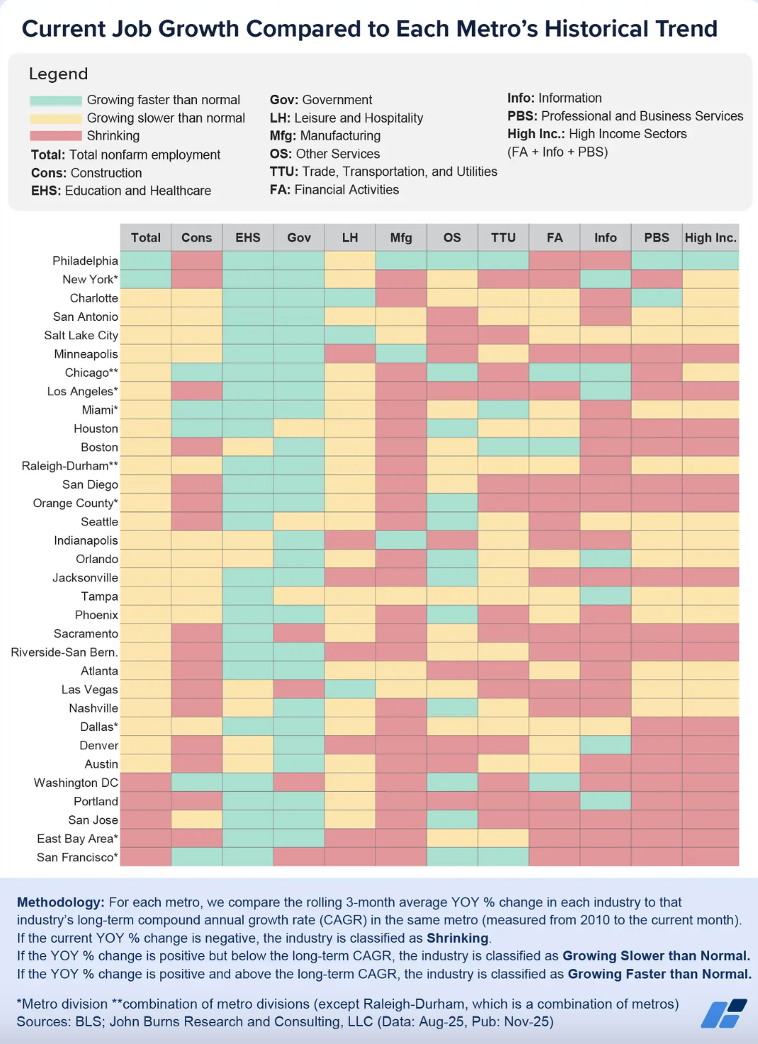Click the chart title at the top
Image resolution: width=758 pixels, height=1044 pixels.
369,29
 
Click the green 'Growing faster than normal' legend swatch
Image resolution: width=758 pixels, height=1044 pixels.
56,101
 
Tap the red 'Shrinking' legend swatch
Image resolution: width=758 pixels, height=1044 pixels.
56,136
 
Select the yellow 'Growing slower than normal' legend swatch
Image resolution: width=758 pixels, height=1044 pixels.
56,118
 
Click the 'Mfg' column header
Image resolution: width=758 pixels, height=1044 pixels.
401,238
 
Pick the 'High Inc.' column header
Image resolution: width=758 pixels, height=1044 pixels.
711,238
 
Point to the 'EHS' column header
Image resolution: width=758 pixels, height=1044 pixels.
248,238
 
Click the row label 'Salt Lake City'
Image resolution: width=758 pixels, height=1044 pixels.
81,336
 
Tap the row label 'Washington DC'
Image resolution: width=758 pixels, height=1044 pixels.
76,783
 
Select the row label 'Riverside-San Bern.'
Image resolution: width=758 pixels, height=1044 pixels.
64,652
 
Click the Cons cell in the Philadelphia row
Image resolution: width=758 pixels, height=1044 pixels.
197,261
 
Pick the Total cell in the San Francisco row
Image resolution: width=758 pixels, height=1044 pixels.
146,857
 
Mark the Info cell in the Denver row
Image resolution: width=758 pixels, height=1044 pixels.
606,745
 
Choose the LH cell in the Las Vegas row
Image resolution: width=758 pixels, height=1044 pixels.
350,689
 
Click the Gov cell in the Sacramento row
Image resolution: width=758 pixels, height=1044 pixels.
299,633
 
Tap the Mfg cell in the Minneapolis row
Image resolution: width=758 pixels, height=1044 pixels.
401,354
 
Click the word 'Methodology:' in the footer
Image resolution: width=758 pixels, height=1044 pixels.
60,902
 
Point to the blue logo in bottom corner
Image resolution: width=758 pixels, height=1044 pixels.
724,1014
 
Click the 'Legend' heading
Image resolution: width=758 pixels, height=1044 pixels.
58,74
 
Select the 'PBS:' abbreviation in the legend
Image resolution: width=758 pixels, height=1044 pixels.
522,116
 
